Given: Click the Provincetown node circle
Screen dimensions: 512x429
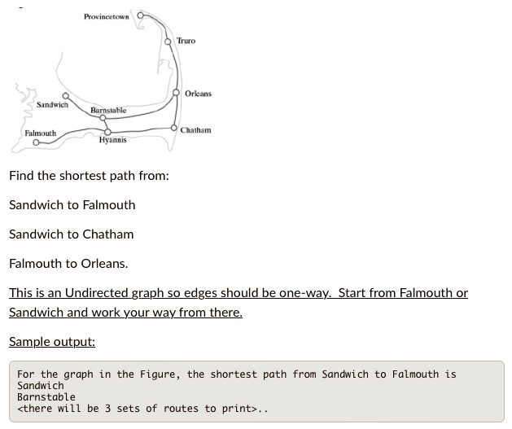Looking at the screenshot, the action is click(x=140, y=15).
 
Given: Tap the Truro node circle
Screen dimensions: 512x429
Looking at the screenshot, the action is click(x=168, y=42).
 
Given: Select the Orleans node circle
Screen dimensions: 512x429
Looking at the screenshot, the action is click(x=176, y=93).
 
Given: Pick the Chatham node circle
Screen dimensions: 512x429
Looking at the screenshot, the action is click(x=174, y=128).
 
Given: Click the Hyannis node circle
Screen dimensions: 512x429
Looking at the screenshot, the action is click(x=107, y=132).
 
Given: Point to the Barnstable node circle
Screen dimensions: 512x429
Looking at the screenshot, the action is click(x=103, y=118).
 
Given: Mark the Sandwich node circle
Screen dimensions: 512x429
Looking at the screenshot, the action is click(x=66, y=96).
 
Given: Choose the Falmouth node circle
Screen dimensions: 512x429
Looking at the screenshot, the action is click(x=37, y=142).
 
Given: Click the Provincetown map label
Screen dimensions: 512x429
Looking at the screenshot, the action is click(x=107, y=16).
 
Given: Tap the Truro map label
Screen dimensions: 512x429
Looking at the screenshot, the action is click(x=186, y=41).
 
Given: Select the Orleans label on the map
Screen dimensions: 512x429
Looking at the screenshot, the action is click(x=198, y=94).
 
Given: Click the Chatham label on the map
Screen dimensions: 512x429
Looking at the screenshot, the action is click(x=196, y=130).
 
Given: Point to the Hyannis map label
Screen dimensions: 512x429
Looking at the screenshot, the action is click(x=112, y=140).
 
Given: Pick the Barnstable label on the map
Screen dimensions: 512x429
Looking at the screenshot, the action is click(x=108, y=111).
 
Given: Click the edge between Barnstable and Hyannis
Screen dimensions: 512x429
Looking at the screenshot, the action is click(x=106, y=125).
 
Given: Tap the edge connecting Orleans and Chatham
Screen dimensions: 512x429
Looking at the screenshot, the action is click(x=176, y=111).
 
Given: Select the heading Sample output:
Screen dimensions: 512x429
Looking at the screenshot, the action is click(x=52, y=342).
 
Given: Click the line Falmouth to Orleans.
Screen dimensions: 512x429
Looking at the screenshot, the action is click(x=68, y=264).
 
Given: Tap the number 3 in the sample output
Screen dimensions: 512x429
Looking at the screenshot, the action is click(x=107, y=409).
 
